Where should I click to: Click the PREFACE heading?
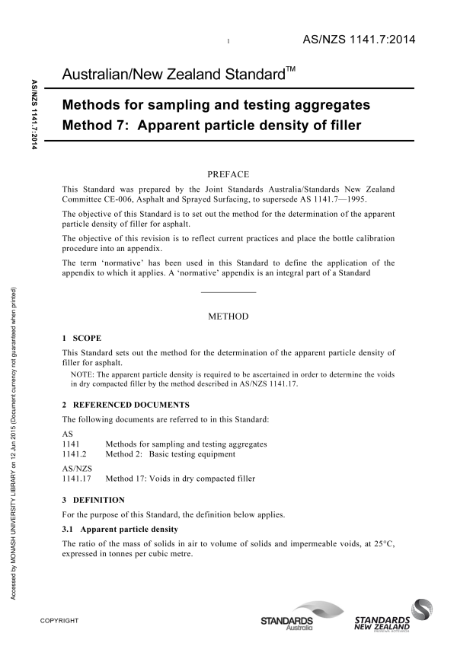pos(228,173)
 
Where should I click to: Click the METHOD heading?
pos(228,316)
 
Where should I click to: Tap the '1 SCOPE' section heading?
pos(81,337)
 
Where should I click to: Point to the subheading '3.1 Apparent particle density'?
pos(120,528)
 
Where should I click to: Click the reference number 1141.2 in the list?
pos(73,454)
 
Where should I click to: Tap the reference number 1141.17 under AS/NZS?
pos(75,479)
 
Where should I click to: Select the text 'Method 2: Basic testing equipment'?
pos(171,454)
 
